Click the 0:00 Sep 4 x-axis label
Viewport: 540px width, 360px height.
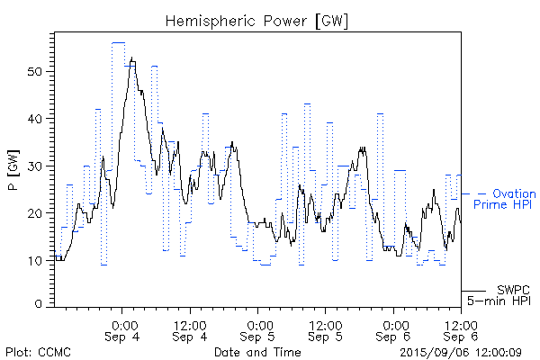pyautogui.click(x=123, y=329)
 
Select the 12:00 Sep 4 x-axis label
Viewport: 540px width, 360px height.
pyautogui.click(x=191, y=329)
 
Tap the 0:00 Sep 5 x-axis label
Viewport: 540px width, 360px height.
pyautogui.click(x=258, y=329)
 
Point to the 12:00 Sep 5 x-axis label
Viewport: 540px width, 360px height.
pyautogui.click(x=326, y=329)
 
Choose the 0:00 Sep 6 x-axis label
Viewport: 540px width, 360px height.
pyautogui.click(x=393, y=329)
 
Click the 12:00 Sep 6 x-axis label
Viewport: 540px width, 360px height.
pyautogui.click(x=461, y=329)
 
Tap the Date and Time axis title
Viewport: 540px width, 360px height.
pyautogui.click(x=257, y=352)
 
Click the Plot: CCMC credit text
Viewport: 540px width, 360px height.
pyautogui.click(x=38, y=352)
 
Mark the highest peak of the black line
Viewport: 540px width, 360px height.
pyautogui.click(x=132, y=58)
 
